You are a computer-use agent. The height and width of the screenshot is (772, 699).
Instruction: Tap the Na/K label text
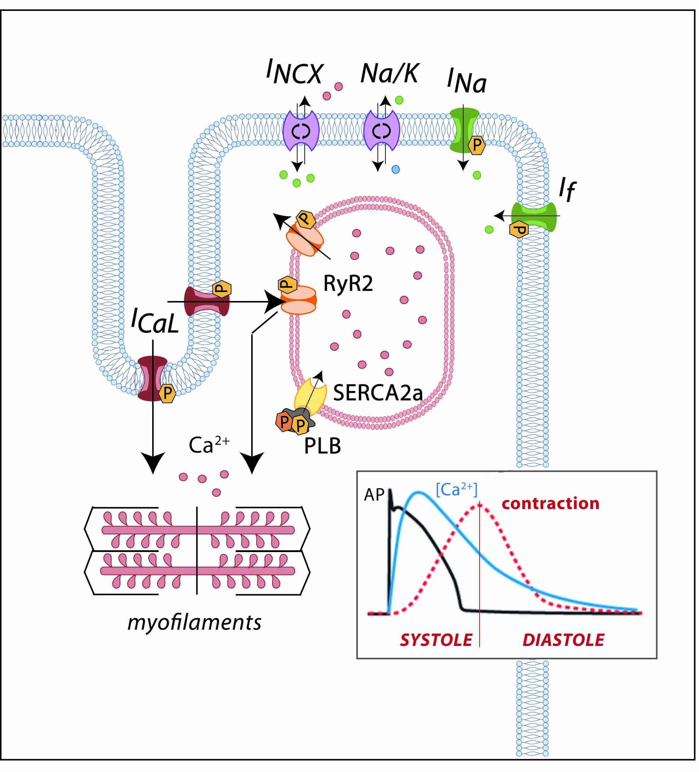390,73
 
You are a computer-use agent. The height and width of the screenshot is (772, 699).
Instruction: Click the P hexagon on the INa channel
477,145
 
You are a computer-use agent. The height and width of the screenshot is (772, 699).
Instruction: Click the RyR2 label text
348,284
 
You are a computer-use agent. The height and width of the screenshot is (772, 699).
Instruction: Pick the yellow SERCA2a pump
310,396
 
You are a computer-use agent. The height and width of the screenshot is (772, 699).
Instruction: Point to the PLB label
322,446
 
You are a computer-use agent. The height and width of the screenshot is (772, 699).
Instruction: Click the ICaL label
155,320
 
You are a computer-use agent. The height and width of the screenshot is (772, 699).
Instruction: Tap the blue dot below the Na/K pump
395,169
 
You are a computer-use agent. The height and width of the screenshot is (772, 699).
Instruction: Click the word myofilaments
194,623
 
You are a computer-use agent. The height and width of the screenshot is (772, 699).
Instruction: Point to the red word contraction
550,504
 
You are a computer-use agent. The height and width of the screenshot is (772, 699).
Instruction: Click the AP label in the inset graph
374,495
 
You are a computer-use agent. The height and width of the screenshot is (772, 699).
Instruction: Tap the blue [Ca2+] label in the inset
456,489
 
